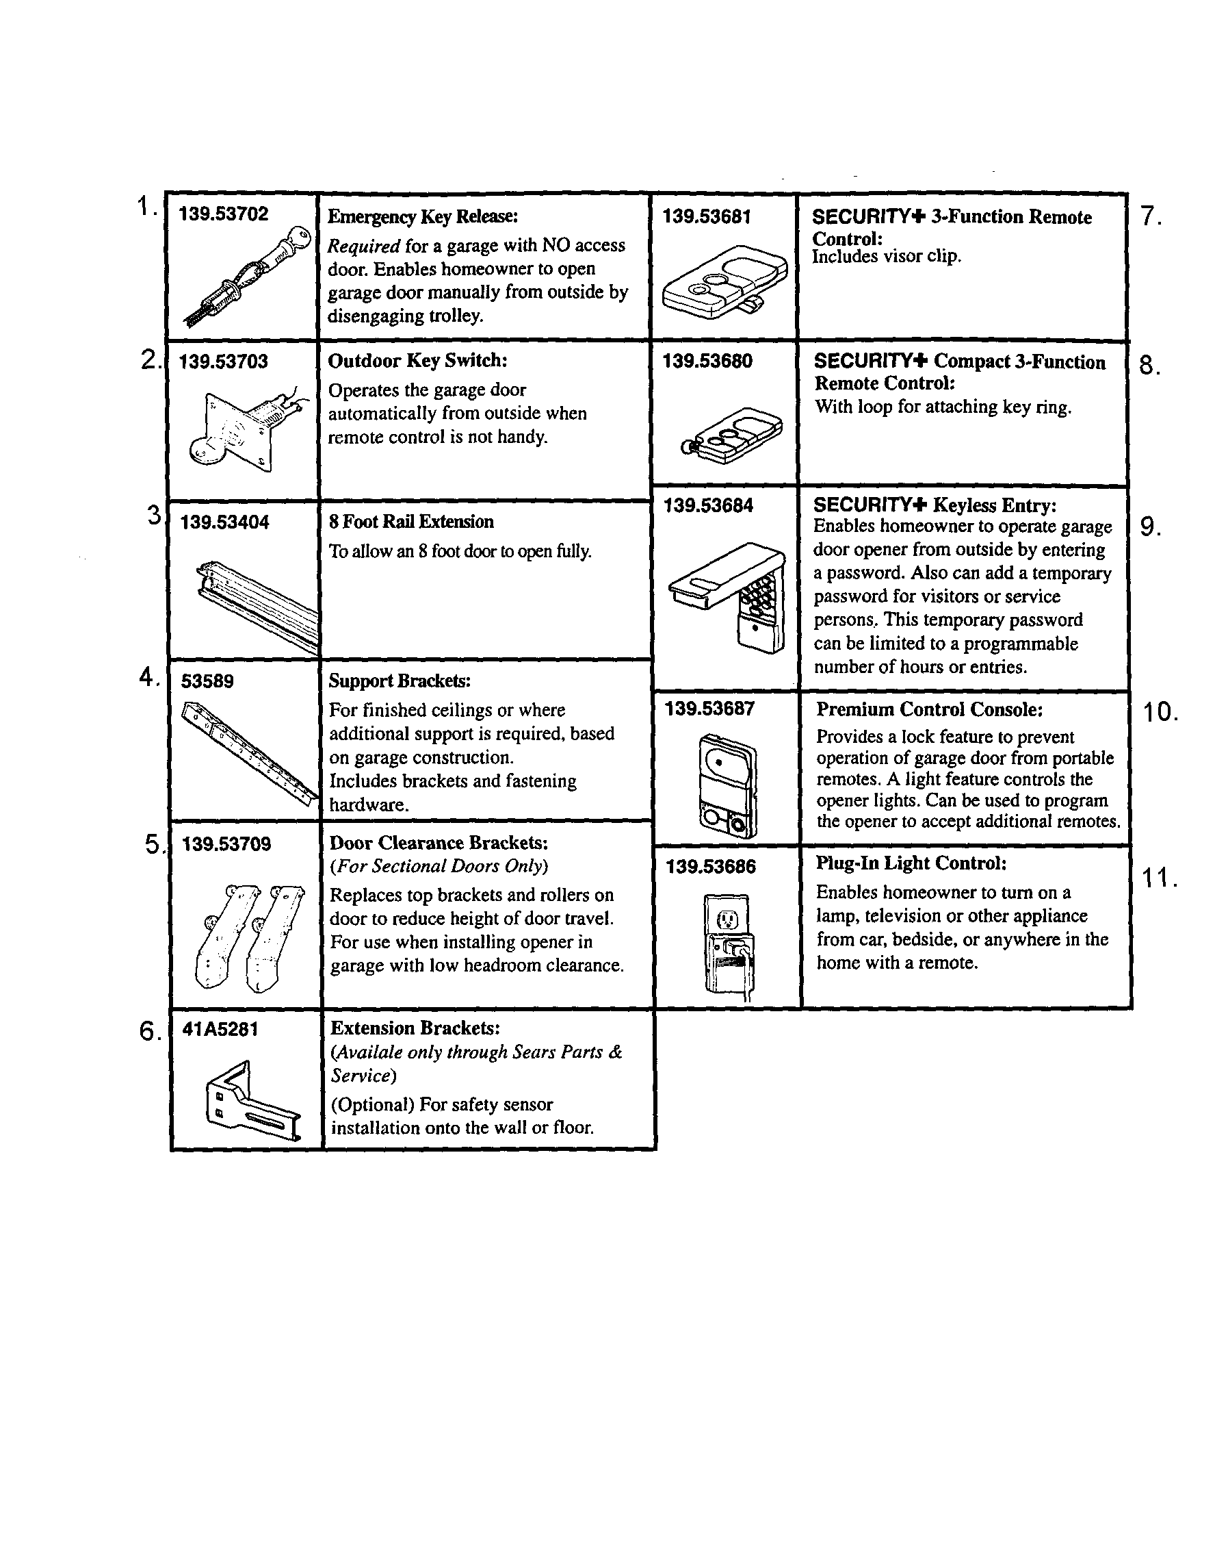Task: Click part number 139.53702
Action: (224, 214)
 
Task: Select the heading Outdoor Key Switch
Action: (417, 361)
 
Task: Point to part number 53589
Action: (207, 681)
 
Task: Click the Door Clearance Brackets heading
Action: (439, 843)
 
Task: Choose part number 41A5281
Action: (220, 1029)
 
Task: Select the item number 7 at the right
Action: (1150, 216)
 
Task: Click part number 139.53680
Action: (707, 361)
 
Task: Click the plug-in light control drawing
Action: (729, 947)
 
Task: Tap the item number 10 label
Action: (1160, 712)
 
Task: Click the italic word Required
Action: (363, 246)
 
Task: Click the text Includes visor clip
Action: (887, 257)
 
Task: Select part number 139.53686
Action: (711, 867)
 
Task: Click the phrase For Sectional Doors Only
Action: (439, 866)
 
